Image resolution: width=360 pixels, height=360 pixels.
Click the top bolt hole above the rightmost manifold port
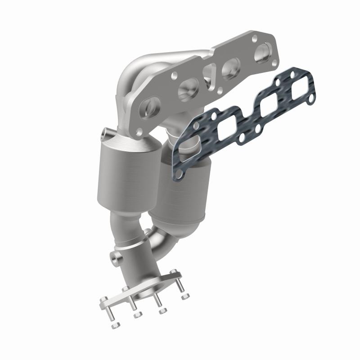(254, 39)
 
